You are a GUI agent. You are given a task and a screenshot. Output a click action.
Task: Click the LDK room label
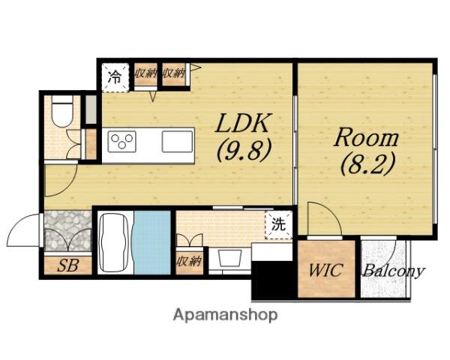pos(243,123)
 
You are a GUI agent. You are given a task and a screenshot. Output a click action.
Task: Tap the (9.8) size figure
pos(244,151)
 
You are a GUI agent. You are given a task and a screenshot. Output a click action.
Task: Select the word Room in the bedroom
pos(366,138)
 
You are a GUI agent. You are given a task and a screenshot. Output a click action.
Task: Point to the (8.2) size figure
pos(367,164)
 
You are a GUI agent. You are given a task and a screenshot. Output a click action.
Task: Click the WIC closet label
pos(325,270)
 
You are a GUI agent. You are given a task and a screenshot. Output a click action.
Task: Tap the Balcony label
pos(394,271)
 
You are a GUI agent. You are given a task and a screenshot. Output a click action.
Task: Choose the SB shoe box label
pos(67,265)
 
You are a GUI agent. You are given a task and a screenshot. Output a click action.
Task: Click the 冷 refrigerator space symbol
pos(115,77)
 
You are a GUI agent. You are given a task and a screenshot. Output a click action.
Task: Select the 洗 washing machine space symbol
pos(278,224)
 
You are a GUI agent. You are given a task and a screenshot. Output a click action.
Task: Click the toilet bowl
pos(62,112)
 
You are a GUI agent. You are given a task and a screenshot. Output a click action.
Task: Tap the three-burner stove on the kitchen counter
pos(121,141)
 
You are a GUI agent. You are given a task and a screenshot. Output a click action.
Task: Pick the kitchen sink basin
pos(177,141)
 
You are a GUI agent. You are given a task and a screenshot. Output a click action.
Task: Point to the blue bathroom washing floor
pos(152,242)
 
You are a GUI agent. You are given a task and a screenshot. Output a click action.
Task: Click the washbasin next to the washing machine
pos(229,258)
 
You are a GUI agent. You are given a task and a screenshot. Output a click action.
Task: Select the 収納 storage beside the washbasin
pos(189,261)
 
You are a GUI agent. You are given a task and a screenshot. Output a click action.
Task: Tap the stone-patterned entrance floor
pos(67,231)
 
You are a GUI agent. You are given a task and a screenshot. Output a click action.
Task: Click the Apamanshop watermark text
pos(225,315)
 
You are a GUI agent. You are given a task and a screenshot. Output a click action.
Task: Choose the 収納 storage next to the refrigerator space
pos(145,74)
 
